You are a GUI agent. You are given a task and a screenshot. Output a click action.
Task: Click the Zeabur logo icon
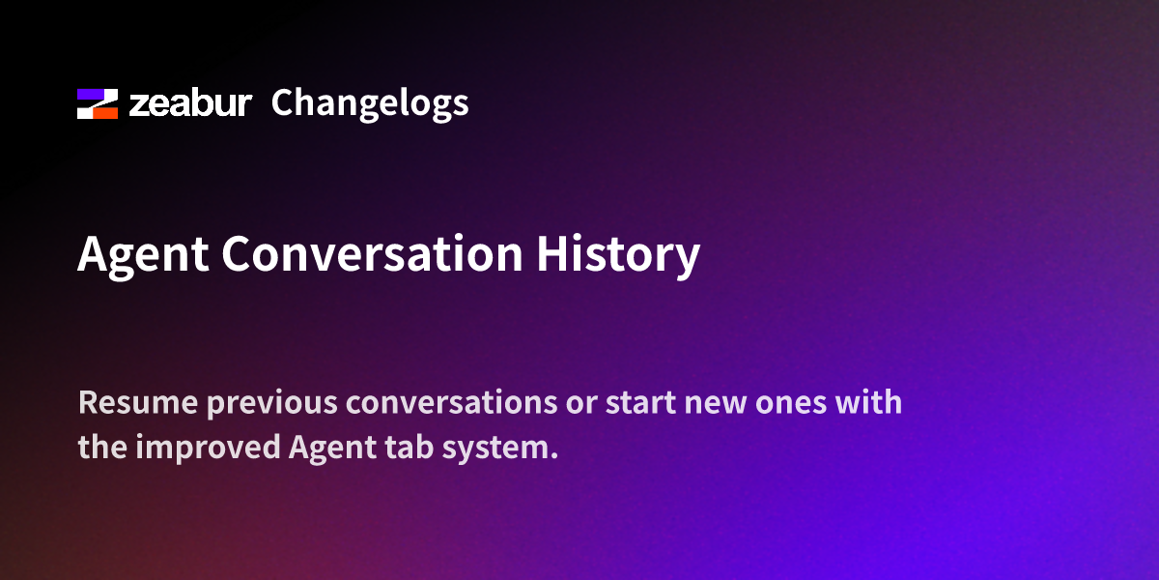click(x=98, y=103)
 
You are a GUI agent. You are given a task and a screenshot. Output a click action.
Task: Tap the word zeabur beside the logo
click(x=190, y=103)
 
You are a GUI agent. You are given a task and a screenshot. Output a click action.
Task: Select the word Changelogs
click(x=370, y=103)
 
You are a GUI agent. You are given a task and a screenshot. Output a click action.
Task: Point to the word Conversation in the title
click(x=372, y=253)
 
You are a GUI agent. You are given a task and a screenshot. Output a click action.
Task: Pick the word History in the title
click(x=618, y=255)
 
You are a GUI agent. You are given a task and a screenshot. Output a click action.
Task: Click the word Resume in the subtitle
click(x=138, y=402)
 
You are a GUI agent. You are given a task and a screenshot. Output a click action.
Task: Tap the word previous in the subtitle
click(x=272, y=404)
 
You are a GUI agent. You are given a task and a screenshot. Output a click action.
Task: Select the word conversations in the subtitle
click(x=452, y=402)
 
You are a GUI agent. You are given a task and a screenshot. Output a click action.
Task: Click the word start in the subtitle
click(x=640, y=403)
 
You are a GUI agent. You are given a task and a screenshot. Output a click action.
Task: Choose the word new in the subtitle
click(x=715, y=405)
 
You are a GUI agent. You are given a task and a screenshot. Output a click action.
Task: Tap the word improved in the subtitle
click(x=208, y=448)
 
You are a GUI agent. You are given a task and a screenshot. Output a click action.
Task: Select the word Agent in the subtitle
click(x=332, y=449)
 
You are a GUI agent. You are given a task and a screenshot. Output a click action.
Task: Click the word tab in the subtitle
click(x=410, y=447)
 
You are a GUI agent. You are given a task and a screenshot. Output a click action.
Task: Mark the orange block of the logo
click(x=105, y=113)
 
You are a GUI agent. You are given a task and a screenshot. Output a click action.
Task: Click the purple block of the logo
click(x=91, y=94)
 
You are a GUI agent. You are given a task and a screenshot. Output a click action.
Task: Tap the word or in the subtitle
click(x=582, y=405)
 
